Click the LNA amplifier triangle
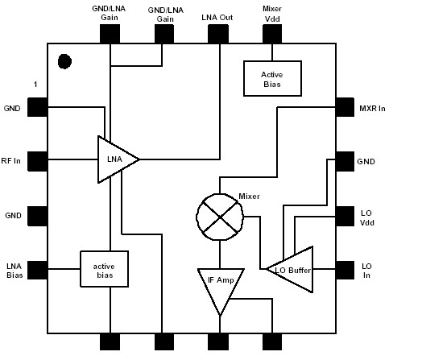[x=115, y=159]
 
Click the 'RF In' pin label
[x=12, y=159]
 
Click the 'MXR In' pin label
[x=373, y=107]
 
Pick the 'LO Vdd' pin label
[x=366, y=217]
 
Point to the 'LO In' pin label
[x=366, y=270]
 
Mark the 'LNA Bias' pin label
[x=13, y=271]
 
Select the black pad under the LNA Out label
[x=219, y=33]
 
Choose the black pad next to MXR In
[x=344, y=106]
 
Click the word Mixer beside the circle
[x=250, y=196]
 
